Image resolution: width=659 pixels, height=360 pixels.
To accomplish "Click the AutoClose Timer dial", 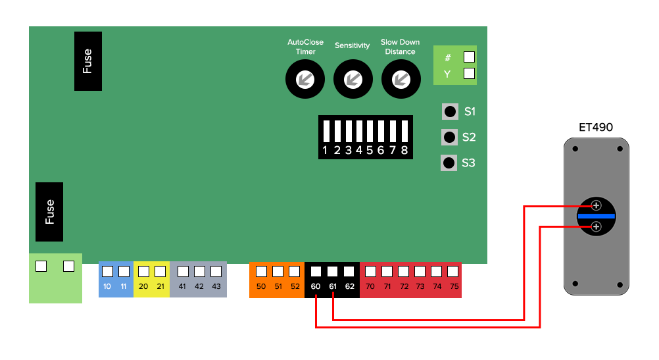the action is (305, 79).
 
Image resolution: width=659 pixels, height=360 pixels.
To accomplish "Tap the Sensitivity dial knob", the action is (353, 79).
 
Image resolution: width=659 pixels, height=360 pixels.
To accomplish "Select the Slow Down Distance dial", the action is (401, 79).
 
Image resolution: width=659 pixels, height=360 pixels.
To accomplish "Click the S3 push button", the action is (449, 163).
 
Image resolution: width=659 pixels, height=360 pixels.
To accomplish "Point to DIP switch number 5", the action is (370, 131).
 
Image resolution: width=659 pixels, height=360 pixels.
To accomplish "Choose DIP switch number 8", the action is (404, 131).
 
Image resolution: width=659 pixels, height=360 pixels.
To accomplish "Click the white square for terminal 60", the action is (316, 272).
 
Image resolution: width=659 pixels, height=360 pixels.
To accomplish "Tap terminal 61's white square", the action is (332, 272).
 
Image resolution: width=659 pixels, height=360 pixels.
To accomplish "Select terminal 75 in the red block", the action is (452, 272).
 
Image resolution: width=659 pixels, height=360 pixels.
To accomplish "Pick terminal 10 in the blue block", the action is (108, 272).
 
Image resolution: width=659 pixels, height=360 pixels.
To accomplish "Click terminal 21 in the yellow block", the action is (160, 272).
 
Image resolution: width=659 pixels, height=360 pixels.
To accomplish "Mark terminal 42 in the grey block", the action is (200, 272).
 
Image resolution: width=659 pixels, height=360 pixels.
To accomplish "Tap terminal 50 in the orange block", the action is (261, 272).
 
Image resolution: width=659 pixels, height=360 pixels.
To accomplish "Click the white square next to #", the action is (469, 57).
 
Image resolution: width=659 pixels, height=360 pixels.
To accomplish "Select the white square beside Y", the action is (469, 74).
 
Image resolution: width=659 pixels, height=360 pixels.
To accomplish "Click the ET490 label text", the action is (596, 127).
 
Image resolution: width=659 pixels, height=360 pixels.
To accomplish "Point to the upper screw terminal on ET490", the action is (596, 205).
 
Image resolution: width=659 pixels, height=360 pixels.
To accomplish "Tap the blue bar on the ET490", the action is (597, 216).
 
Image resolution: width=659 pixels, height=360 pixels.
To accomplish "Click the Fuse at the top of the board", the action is (88, 61).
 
